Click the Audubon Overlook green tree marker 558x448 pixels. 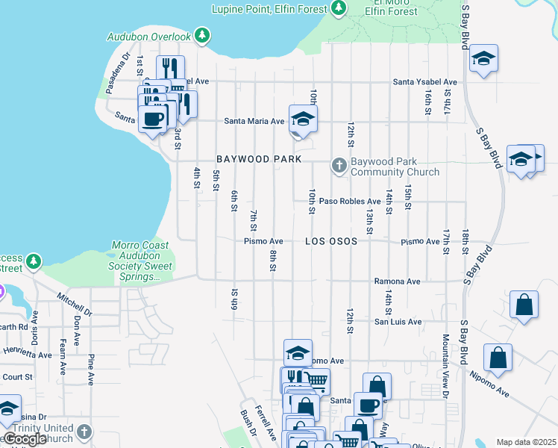point(201,35)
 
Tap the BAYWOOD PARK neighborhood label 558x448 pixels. point(259,159)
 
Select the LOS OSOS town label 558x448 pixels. point(330,241)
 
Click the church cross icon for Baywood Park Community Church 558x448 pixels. point(339,165)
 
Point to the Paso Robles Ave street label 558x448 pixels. point(350,201)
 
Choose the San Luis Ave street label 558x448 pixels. point(398,322)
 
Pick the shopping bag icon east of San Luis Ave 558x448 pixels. point(524,305)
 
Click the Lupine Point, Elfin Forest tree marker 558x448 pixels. point(339,8)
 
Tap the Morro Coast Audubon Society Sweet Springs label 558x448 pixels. point(140,261)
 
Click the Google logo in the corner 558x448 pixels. point(25,439)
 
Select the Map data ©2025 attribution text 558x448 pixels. point(526,442)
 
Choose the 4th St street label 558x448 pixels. point(197,178)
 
